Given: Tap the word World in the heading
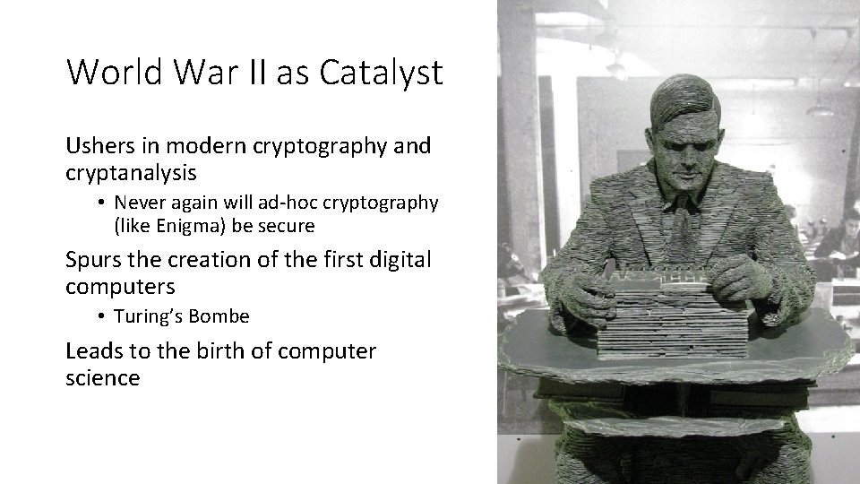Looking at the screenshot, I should pos(111,72).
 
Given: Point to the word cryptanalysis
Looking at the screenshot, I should pos(132,171).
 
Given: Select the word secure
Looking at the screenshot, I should pos(286,226).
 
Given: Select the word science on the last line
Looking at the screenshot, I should pos(102,377).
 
